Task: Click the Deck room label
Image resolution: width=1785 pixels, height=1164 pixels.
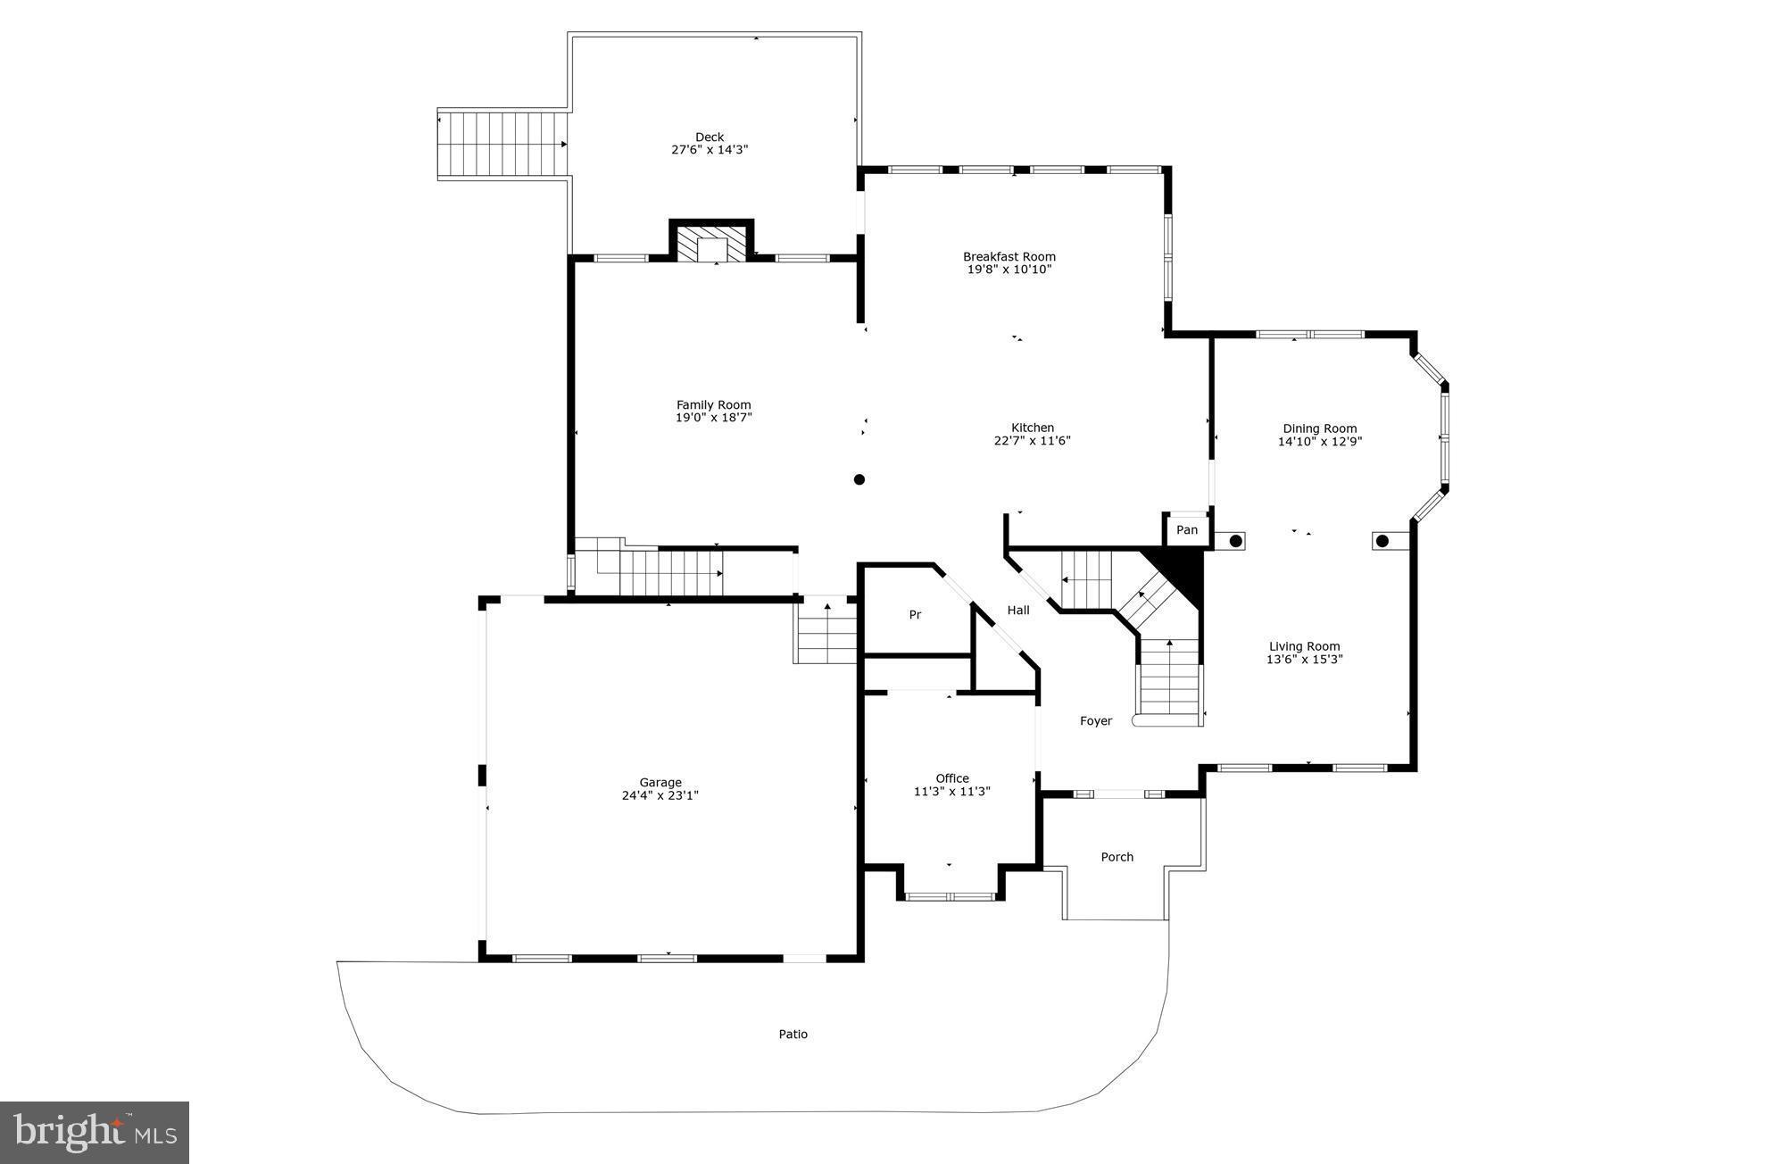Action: point(710,137)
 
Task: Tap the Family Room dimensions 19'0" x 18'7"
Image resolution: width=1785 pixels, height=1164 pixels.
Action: point(713,418)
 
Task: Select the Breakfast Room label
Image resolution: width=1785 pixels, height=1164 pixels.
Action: point(1009,256)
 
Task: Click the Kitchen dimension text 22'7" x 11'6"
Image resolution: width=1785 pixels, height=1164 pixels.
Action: point(1032,440)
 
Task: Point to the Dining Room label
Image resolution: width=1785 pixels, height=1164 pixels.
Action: point(1319,428)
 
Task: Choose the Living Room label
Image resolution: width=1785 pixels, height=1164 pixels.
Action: point(1304,646)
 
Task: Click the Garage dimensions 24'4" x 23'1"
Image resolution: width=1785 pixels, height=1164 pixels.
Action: point(660,795)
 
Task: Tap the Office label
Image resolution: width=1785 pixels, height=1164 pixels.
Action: point(951,778)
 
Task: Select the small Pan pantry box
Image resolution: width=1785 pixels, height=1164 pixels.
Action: point(1186,530)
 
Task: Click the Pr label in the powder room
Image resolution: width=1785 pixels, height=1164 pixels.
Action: point(915,615)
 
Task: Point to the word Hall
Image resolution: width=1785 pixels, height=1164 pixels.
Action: point(1018,611)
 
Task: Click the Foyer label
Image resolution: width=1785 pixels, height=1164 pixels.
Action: point(1095,721)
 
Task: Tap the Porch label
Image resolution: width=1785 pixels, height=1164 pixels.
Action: point(1117,857)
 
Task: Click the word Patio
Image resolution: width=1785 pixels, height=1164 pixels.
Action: point(793,1035)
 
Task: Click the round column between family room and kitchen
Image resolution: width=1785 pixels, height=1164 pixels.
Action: point(859,479)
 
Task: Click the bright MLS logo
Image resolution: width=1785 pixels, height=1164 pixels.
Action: point(95,1132)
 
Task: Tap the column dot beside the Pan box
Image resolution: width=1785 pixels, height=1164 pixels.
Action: point(1236,541)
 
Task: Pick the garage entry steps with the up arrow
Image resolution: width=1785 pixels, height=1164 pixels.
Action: point(826,633)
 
